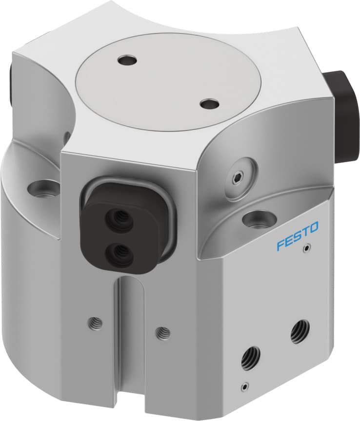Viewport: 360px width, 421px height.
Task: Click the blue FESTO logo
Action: coord(298,236)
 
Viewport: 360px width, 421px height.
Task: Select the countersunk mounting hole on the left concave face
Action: coord(44,187)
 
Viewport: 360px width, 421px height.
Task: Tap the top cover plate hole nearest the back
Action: coord(128,61)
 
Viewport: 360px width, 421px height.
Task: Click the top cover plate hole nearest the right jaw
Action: coord(210,104)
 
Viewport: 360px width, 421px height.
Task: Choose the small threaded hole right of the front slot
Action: coord(163,333)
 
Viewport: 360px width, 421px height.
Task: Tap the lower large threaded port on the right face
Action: coord(251,361)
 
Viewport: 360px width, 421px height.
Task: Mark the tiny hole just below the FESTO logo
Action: coord(306,249)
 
